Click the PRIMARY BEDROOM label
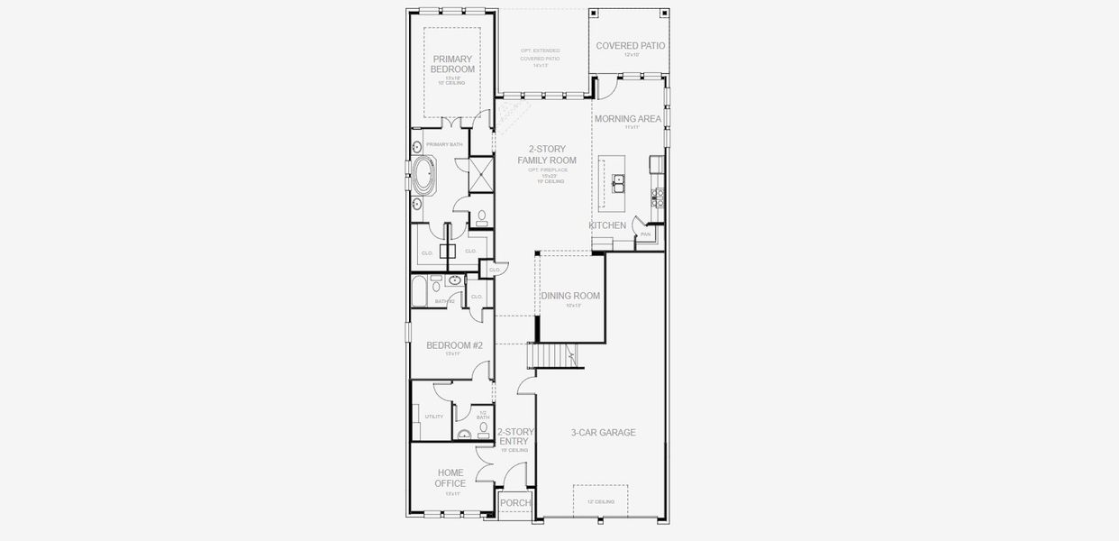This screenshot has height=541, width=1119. tap(452, 64)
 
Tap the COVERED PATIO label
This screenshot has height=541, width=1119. tap(631, 45)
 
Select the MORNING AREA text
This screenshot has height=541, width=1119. tap(627, 118)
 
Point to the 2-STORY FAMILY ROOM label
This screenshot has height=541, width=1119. tap(547, 155)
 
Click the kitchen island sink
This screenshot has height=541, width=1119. tap(619, 184)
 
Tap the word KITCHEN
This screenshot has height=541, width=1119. tap(607, 225)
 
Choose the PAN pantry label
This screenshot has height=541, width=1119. tap(645, 234)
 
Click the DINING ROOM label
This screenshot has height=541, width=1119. tap(569, 296)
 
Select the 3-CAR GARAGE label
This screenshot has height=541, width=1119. tap(603, 433)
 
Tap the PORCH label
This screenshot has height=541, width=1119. tap(515, 503)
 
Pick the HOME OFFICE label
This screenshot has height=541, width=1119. tap(450, 478)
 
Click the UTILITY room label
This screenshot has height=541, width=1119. tap(433, 417)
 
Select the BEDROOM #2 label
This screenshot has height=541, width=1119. tap(454, 345)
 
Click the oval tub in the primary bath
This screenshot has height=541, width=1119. tap(424, 175)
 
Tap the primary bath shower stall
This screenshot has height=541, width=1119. tap(481, 173)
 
